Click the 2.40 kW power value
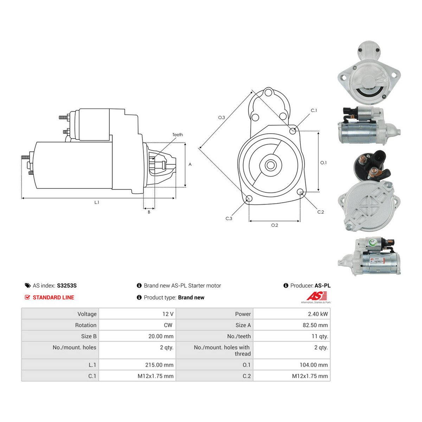[x=318, y=314]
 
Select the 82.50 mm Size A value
[x=315, y=325]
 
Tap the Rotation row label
[x=85, y=325]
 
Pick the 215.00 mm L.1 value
[x=159, y=365]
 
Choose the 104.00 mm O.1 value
[x=314, y=365]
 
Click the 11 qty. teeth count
[x=320, y=336]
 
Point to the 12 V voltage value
[x=168, y=314]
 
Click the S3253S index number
[x=67, y=286]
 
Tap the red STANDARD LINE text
[x=53, y=298]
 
